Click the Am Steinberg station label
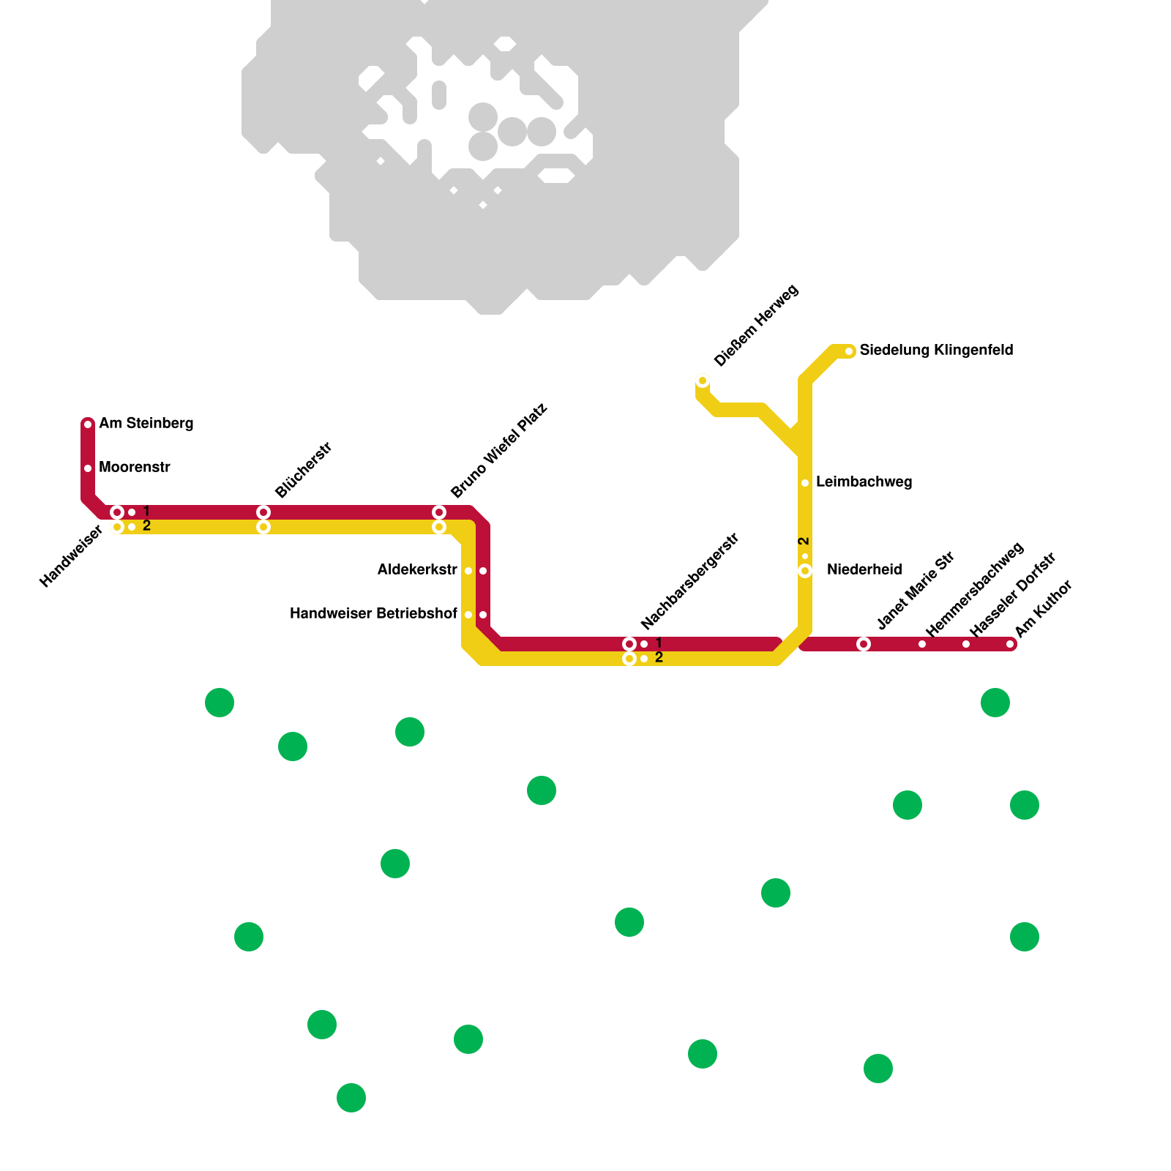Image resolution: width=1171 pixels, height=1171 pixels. tap(146, 424)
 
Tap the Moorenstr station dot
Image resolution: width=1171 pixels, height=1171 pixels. tap(88, 468)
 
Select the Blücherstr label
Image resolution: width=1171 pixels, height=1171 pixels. tap(304, 470)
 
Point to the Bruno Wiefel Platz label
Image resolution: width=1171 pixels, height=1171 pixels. tap(499, 450)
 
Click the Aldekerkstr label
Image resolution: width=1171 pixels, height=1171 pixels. tap(417, 570)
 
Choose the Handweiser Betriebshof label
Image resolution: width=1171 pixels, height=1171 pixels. tap(373, 614)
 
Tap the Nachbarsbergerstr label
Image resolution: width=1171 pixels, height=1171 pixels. tap(690, 582)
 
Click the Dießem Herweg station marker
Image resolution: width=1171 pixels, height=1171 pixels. tap(703, 381)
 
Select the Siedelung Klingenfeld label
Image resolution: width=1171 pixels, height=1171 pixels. tap(936, 351)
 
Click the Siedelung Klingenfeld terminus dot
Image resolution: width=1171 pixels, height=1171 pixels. tap(849, 351)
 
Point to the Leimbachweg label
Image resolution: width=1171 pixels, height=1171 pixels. tap(864, 482)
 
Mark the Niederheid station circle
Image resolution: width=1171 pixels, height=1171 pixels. tap(805, 571)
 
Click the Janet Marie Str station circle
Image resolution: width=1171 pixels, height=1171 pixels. tap(864, 644)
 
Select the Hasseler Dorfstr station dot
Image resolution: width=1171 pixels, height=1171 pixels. tap(966, 644)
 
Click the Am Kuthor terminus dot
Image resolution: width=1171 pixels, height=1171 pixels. tap(1010, 644)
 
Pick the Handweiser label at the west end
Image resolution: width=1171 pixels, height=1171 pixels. tap(71, 557)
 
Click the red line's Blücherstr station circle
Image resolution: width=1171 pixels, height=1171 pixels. tap(263, 512)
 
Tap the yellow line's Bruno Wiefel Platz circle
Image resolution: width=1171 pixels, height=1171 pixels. tap(439, 527)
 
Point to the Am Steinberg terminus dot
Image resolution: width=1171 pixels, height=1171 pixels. tap(88, 424)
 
